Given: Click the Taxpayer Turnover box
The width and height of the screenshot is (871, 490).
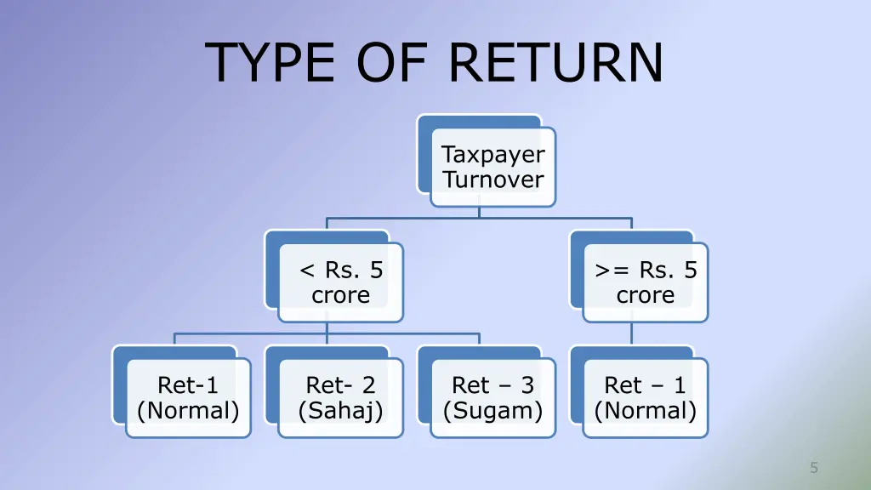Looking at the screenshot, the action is pyautogui.click(x=492, y=167).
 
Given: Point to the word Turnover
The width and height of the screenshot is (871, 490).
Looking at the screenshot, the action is pyautogui.click(x=492, y=179).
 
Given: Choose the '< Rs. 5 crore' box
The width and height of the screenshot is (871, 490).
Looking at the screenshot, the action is pyautogui.click(x=340, y=282).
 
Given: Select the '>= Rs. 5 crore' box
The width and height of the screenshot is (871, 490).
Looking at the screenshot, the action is pyautogui.click(x=646, y=282).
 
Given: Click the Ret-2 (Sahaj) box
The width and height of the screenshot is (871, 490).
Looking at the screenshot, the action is pyautogui.click(x=340, y=398).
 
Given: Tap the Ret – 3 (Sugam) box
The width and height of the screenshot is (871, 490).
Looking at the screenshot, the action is pyautogui.click(x=492, y=398).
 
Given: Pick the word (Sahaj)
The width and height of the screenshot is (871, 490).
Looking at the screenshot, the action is pyautogui.click(x=340, y=411).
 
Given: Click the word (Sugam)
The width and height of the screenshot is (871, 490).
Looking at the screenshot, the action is pyautogui.click(x=492, y=411).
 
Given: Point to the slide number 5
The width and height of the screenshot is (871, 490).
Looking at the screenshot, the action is pyautogui.click(x=814, y=467).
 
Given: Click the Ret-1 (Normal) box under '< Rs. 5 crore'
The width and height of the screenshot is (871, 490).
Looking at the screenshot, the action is pyautogui.click(x=188, y=398).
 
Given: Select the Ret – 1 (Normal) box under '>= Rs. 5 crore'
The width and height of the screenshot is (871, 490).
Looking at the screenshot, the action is pyautogui.click(x=646, y=398).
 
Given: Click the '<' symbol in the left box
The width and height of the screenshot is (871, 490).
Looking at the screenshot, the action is pyautogui.click(x=307, y=271).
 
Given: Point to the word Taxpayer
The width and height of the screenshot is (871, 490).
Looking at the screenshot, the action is pyautogui.click(x=492, y=155).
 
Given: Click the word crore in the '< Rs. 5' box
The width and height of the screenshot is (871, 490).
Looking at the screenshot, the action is pyautogui.click(x=340, y=295).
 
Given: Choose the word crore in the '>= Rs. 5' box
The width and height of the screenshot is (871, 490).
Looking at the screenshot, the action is pyautogui.click(x=646, y=295).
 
